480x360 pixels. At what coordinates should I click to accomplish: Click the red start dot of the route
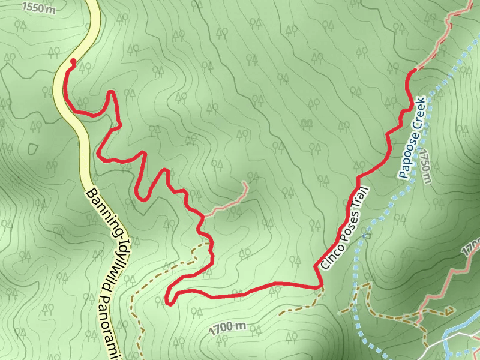73,61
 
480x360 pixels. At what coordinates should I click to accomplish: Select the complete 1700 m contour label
229,328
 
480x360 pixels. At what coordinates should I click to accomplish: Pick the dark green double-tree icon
308,124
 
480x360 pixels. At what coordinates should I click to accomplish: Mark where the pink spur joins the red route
203,215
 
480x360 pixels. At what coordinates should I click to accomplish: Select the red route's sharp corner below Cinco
319,287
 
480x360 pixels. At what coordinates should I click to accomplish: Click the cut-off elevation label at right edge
473,245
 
